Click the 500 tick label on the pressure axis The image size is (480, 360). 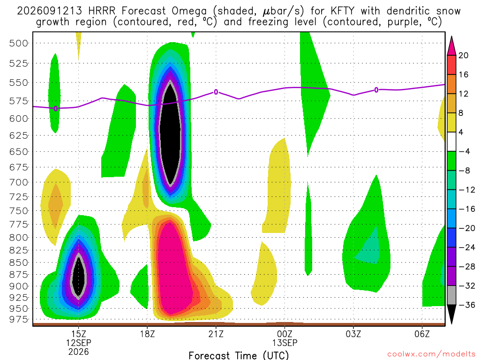(x=18, y=43)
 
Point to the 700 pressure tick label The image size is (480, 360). (x=18, y=182)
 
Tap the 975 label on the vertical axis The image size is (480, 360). (x=18, y=319)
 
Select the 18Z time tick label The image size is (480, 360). (x=148, y=334)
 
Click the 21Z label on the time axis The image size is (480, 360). (x=216, y=334)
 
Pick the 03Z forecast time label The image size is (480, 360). (x=353, y=334)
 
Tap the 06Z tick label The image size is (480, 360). (x=422, y=334)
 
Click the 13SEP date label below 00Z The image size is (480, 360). (x=285, y=343)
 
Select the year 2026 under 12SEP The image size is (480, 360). (x=79, y=352)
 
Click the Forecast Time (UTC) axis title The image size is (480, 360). (x=239, y=355)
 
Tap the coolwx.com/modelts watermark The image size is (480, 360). (x=432, y=354)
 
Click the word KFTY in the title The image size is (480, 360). (x=342, y=11)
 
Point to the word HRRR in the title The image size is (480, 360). (x=102, y=11)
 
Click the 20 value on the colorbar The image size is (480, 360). (x=464, y=55)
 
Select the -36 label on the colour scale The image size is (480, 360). (x=467, y=305)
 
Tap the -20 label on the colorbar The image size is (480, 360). (x=467, y=228)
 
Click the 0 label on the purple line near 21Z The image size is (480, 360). (x=216, y=92)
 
